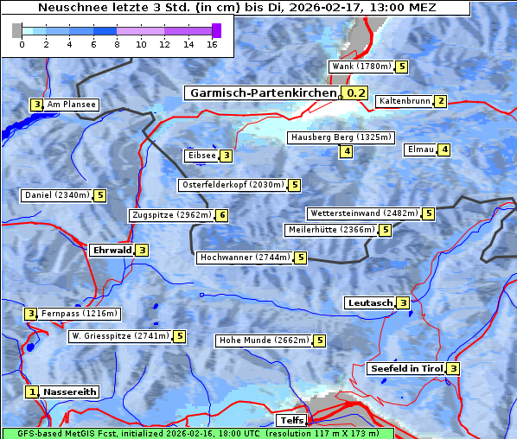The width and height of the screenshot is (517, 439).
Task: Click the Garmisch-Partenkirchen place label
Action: [x=261, y=93]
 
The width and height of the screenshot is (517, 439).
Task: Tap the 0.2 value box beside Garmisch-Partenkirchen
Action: [x=355, y=93]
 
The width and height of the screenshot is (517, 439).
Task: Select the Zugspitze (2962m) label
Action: [x=171, y=215]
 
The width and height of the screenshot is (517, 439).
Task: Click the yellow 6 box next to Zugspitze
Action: [x=222, y=215]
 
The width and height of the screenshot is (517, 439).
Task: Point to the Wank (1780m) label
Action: [x=361, y=67]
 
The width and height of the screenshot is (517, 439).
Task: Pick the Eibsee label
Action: [x=201, y=156]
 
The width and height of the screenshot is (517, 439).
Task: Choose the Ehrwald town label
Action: [x=111, y=251]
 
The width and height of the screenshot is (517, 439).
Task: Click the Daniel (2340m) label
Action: [x=56, y=195]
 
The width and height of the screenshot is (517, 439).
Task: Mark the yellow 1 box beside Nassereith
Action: [x=32, y=391]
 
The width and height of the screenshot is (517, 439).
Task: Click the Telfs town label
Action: [x=290, y=421]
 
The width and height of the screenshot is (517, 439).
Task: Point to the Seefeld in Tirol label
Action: [x=405, y=369]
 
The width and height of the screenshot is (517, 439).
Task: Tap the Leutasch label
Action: [x=369, y=303]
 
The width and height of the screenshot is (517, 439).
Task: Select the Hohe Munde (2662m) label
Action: [x=264, y=340]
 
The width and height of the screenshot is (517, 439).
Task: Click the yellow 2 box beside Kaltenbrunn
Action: [x=440, y=101]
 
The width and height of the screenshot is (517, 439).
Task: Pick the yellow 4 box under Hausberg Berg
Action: [x=346, y=152]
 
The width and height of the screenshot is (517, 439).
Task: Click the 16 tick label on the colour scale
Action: [x=212, y=45]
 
